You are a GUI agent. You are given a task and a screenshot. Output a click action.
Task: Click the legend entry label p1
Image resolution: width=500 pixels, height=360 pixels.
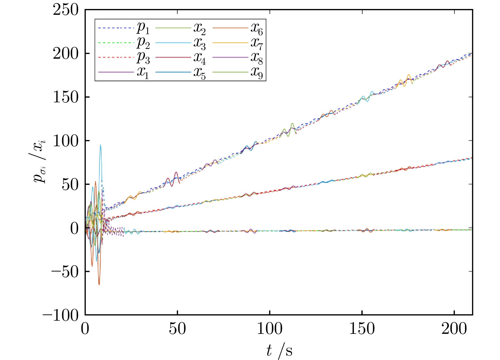143,28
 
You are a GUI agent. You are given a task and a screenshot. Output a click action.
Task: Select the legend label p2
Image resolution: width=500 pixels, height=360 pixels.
143,43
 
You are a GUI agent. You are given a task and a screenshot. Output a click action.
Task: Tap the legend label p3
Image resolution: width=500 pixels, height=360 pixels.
143,58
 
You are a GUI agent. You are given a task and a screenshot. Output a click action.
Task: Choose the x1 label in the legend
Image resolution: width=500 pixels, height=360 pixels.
143,72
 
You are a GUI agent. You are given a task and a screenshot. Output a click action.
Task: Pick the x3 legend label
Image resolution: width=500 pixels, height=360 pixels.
199,43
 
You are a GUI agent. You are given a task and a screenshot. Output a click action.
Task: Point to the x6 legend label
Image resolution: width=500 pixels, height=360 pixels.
257,28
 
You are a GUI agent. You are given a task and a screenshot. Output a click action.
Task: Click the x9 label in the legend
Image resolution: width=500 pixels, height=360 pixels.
257,72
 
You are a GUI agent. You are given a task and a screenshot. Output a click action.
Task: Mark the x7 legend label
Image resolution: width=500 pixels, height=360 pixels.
257,43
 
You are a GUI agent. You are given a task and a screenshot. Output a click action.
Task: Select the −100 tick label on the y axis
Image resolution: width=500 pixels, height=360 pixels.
61,315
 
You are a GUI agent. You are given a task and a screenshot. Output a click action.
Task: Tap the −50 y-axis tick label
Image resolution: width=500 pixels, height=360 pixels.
65,272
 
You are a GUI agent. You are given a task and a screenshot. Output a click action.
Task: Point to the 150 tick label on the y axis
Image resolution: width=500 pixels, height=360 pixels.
66,97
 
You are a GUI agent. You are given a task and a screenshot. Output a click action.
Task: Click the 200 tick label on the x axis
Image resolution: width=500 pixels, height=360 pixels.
454,329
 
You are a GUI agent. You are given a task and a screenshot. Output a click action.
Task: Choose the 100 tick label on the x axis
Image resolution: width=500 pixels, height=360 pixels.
270,329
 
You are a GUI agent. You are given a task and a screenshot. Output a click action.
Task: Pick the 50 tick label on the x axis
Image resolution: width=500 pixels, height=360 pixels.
177,329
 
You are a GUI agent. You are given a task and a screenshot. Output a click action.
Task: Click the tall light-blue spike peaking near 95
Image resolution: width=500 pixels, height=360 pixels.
100,145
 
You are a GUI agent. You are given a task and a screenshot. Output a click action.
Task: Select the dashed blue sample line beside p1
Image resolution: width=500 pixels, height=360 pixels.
116,28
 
